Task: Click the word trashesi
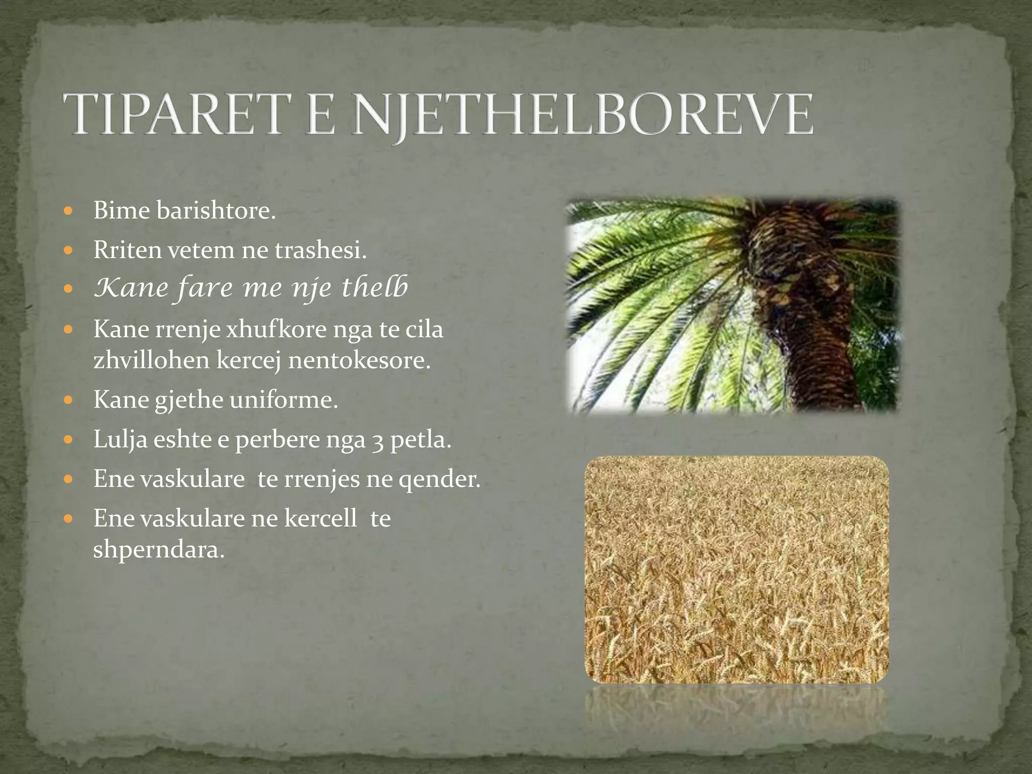click(x=320, y=250)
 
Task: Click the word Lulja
click(x=120, y=440)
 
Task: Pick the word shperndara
click(x=158, y=549)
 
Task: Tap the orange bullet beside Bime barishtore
click(x=70, y=211)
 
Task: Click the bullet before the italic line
click(x=70, y=290)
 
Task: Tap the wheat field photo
click(x=736, y=569)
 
